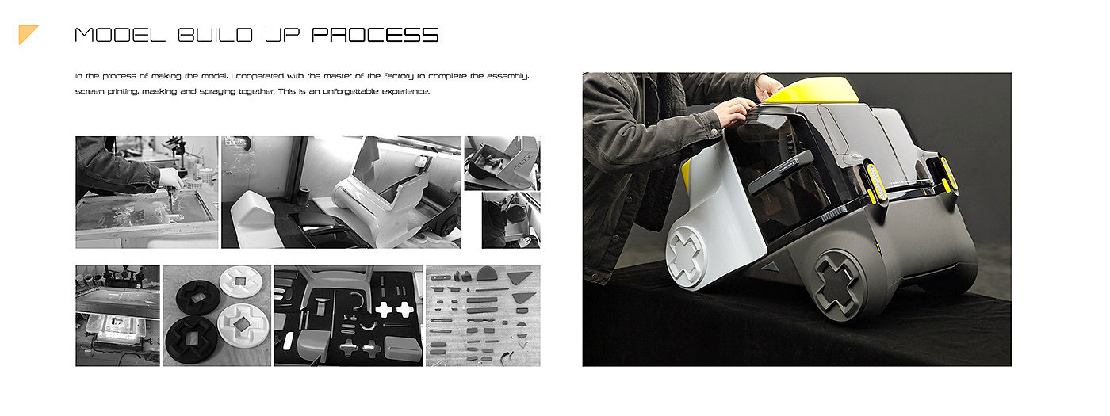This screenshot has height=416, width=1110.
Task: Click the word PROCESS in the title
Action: [375, 35]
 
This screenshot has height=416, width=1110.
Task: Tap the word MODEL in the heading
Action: [120, 35]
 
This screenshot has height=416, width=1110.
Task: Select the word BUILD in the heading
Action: [216, 35]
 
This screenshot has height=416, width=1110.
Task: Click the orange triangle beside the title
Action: [28, 34]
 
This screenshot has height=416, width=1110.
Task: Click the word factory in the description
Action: [398, 76]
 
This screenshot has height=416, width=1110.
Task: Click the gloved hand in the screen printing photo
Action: [171, 178]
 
